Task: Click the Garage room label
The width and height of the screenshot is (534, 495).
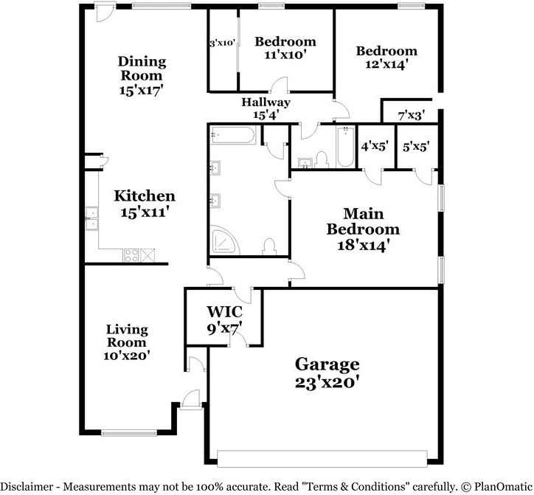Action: point(327,364)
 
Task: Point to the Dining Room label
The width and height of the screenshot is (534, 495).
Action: point(142,68)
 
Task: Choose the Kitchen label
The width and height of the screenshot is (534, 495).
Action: point(145,196)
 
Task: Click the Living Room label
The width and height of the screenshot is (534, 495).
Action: point(126,336)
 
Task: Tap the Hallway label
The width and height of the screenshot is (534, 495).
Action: point(266,103)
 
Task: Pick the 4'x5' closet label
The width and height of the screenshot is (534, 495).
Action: point(374,146)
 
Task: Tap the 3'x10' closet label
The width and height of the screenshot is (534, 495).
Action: point(222,44)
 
